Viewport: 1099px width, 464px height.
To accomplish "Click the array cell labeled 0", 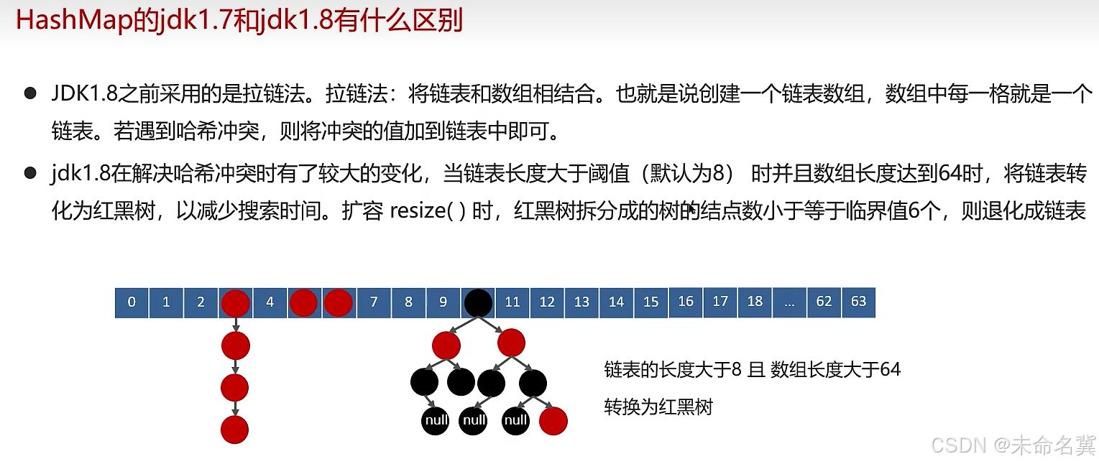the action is (x=132, y=302).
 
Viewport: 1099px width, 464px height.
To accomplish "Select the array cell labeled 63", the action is (x=858, y=302).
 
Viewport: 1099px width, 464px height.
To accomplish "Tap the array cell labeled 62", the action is (x=824, y=302).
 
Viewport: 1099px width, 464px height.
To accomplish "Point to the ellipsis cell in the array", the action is (x=789, y=302).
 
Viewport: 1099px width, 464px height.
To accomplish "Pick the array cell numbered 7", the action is (x=374, y=302).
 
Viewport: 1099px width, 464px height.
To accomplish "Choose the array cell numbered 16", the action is (x=686, y=302).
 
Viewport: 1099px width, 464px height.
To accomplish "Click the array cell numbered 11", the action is (x=512, y=302).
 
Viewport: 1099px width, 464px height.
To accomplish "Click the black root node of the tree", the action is (x=478, y=303).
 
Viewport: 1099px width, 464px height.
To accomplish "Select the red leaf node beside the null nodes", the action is (x=553, y=421).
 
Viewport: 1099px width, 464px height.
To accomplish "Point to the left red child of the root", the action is (x=446, y=345).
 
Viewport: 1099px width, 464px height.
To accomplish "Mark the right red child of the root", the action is (x=511, y=343).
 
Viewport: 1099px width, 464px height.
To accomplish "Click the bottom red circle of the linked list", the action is (x=234, y=430).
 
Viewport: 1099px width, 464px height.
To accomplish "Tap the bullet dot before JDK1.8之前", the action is (x=29, y=94).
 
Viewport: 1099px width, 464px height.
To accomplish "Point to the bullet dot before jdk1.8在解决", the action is (x=29, y=173).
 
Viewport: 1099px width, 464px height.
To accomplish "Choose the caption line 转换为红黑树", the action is (x=658, y=407).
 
